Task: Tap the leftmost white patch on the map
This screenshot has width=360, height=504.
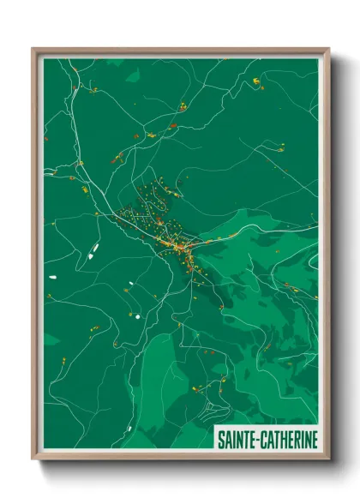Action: click(x=52, y=277)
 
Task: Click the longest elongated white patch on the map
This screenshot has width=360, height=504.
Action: click(x=93, y=249)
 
